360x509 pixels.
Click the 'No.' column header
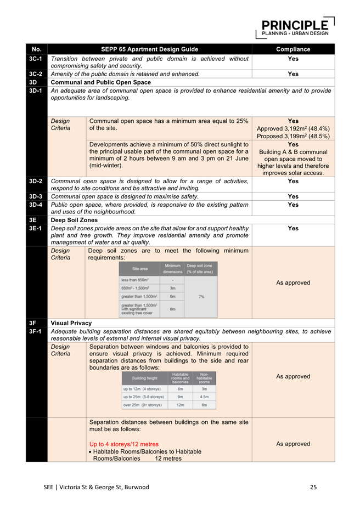tap(37, 49)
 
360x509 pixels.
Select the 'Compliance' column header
tap(293, 49)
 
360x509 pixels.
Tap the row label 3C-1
tap(37, 58)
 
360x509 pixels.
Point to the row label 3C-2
tap(37, 73)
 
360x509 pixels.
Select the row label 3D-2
tap(37, 180)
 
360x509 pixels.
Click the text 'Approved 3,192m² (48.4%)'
tap(293, 128)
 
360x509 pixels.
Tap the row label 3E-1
tap(37, 228)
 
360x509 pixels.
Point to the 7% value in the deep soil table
tap(201, 296)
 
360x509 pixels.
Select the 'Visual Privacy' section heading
tap(71, 323)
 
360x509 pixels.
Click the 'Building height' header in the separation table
tap(144, 378)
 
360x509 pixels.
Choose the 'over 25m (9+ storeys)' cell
tap(143, 405)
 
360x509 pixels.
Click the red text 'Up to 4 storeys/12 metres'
tap(123, 444)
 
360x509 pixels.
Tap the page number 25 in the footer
tap(313, 487)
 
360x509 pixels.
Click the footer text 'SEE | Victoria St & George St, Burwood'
tap(96, 487)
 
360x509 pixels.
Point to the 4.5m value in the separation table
tap(204, 397)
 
